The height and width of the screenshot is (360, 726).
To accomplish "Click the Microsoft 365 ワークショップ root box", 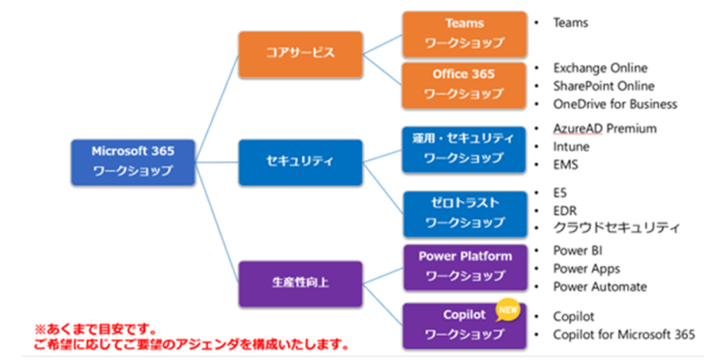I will (133, 162).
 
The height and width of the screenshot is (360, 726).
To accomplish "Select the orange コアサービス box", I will (300, 54).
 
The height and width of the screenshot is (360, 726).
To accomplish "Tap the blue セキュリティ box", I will (300, 162).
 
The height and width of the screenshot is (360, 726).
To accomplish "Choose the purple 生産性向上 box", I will (300, 283).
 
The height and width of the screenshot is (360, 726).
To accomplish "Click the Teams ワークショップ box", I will (464, 33).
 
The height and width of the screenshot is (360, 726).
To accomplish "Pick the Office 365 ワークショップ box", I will (464, 84).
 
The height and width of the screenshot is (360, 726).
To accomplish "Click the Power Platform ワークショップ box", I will (464, 266).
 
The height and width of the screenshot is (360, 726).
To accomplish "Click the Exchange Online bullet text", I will (600, 68).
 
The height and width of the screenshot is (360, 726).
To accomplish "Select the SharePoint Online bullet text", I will (603, 86).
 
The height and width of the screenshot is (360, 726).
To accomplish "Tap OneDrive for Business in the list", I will (615, 104).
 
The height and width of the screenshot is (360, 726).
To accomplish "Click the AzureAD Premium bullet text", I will (604, 128).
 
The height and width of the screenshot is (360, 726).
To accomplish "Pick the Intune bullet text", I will (571, 146).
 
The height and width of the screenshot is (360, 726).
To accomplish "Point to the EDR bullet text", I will (565, 211).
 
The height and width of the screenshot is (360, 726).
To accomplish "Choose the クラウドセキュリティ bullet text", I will (616, 228).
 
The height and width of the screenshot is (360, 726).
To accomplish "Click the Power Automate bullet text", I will (600, 287).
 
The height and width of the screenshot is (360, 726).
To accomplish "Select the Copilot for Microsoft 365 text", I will (624, 334).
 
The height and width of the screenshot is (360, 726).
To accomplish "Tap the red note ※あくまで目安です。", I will (96, 331).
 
